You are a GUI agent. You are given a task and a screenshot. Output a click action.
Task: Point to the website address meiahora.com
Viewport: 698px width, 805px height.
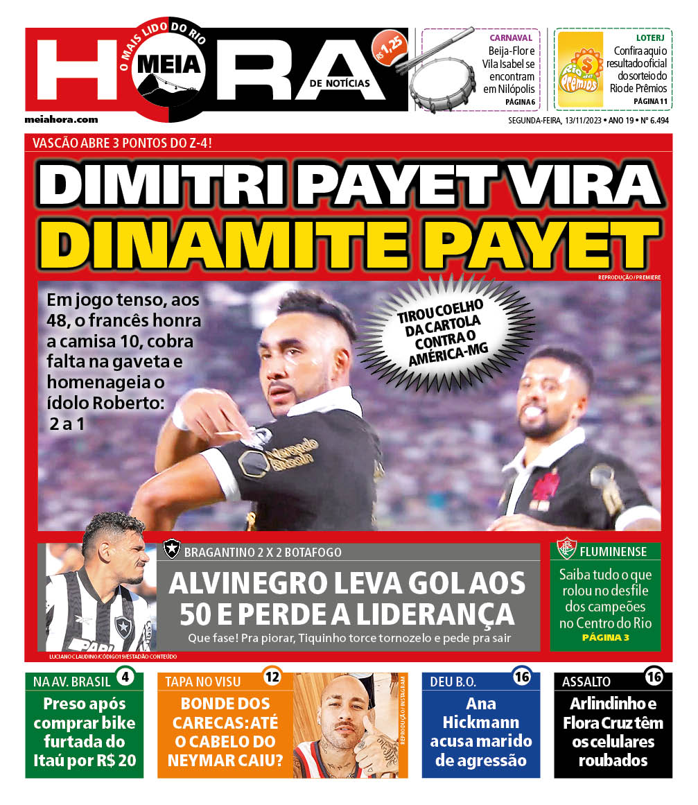click(x=61, y=119)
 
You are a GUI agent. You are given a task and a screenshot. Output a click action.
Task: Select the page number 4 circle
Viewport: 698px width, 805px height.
click(x=125, y=676)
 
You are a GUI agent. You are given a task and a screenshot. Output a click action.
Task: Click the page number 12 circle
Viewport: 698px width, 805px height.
click(x=272, y=676)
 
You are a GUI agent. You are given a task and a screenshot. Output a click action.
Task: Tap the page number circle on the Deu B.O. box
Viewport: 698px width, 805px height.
click(x=522, y=676)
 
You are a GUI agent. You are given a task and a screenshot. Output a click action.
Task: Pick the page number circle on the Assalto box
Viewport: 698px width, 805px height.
click(x=654, y=676)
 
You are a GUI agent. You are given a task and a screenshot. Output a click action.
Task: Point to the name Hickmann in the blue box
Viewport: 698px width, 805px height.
click(x=481, y=722)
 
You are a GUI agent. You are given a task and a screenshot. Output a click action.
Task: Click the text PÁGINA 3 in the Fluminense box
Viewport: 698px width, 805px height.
click(x=605, y=637)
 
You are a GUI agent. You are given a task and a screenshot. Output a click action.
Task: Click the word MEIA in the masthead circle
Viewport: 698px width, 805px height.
click(x=170, y=64)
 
